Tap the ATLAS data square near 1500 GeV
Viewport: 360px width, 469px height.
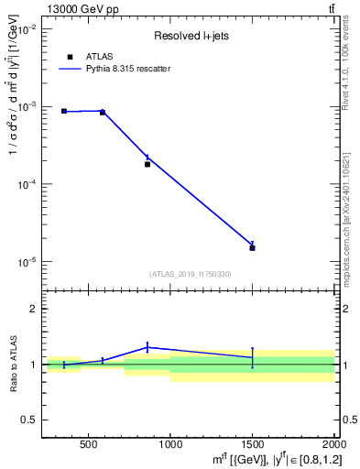pos(252,247)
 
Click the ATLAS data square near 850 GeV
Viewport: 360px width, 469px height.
pos(147,164)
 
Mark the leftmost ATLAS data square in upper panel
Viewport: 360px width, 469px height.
pos(64,111)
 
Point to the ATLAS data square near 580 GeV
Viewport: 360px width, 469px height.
pos(103,112)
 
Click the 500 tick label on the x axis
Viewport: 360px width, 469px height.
pos(89,447)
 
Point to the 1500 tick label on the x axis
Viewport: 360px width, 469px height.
pos(252,447)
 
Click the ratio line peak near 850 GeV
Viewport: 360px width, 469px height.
pos(147,347)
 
